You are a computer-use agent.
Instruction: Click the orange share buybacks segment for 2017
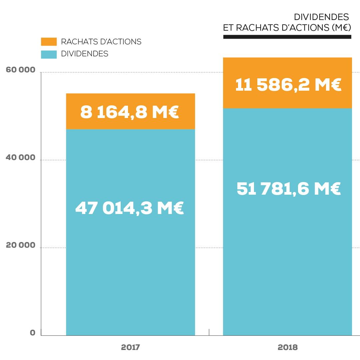tap(130, 100)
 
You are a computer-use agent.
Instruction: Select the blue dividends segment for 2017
tap(130, 267)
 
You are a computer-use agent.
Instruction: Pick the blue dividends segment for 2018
tap(287, 267)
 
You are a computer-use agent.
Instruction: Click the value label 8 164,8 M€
tap(130, 113)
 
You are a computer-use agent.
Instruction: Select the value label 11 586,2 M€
tap(288, 85)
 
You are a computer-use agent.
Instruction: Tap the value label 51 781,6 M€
tap(288, 189)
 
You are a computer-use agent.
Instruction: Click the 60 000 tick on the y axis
tap(21, 70)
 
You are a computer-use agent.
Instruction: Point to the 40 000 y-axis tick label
tap(21, 157)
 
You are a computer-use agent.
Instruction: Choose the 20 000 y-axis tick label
tap(21, 245)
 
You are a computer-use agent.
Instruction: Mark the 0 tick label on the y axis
tap(33, 333)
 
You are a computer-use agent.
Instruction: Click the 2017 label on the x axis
tap(130, 347)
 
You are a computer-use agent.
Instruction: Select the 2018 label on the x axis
tap(288, 347)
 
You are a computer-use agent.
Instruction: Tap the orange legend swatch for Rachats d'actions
tap(49, 42)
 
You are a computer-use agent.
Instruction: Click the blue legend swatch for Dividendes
tap(49, 54)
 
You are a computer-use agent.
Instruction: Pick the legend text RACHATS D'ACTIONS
tap(101, 42)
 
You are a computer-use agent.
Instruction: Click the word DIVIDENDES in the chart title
tap(321, 17)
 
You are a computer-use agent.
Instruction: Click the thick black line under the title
tap(287, 37)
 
